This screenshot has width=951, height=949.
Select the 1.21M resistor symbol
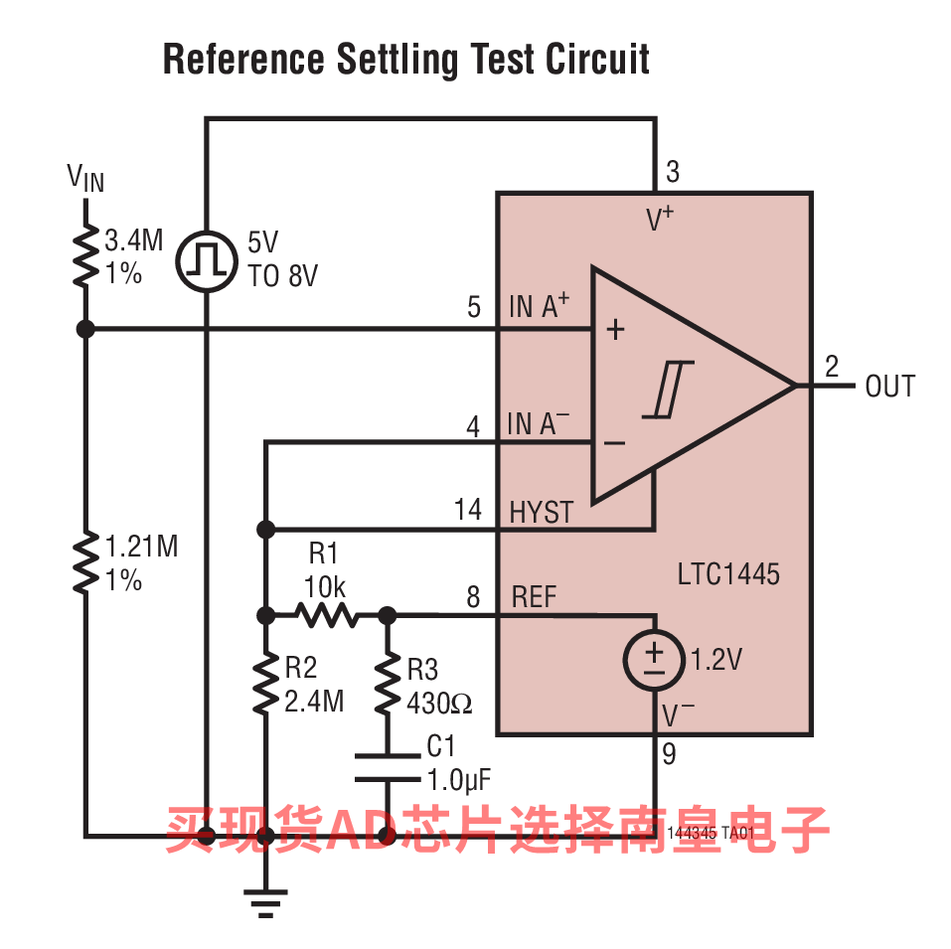tap(85, 562)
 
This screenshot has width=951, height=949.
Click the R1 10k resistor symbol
tap(326, 615)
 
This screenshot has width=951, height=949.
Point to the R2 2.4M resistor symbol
tap(265, 684)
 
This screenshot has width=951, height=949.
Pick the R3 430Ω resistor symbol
tap(388, 684)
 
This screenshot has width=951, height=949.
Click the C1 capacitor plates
tap(388, 768)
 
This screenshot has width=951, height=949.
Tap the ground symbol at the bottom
tap(265, 900)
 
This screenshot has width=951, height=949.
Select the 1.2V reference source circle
tap(654, 660)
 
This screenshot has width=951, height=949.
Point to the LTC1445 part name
tap(728, 573)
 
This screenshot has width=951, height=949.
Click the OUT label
tap(890, 387)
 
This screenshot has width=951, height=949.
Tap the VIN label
tap(85, 178)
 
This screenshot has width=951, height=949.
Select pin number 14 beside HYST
tap(467, 510)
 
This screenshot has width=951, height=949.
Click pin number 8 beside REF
tap(473, 597)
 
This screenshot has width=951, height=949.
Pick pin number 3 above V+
tap(673, 172)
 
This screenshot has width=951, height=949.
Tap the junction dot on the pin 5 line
tap(85, 329)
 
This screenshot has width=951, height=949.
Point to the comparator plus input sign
tap(616, 330)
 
